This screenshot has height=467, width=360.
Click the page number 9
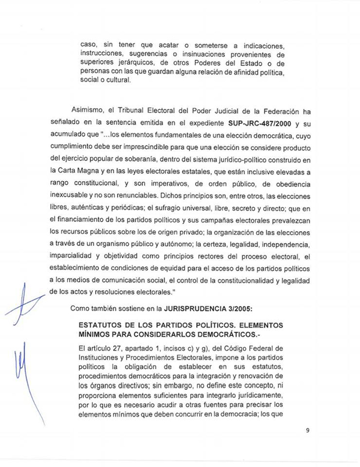pyautogui.click(x=308, y=431)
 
